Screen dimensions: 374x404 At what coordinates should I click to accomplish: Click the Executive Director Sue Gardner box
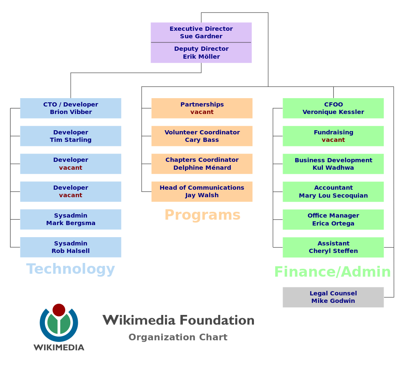[x=201, y=32]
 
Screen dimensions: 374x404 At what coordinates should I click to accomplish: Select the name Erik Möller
[x=201, y=57]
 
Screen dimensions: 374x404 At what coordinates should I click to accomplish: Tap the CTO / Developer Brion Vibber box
[x=71, y=108]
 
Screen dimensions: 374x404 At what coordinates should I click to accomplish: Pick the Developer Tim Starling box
[x=71, y=136]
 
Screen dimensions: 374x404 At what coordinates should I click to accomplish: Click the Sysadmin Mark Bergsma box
[x=71, y=219]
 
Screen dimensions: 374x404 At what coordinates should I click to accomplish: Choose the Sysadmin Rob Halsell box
[x=71, y=247]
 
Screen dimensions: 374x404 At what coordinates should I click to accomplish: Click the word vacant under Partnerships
[x=202, y=112]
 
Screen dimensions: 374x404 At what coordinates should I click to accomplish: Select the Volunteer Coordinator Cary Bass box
[x=202, y=136]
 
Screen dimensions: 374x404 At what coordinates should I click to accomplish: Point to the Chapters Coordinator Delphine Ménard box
[x=202, y=164]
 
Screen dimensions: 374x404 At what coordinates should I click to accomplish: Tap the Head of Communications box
[x=202, y=191]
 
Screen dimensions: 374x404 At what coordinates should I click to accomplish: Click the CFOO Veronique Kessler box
[x=333, y=108]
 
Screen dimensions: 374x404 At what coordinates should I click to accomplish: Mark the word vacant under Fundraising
[x=333, y=140]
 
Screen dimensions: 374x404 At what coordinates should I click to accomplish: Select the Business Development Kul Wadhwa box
[x=333, y=164]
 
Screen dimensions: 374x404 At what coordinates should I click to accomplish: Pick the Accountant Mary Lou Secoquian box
[x=333, y=192]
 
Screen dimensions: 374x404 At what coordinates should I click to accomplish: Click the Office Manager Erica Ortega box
[x=333, y=220]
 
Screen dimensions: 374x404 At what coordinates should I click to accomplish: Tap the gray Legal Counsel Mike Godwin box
[x=333, y=297]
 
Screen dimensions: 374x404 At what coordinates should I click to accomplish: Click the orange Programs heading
[x=202, y=215]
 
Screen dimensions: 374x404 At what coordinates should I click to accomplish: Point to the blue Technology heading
[x=71, y=269]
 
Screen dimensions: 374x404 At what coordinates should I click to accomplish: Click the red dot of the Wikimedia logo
[x=59, y=310]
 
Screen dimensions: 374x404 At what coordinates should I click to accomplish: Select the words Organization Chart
[x=178, y=337]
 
